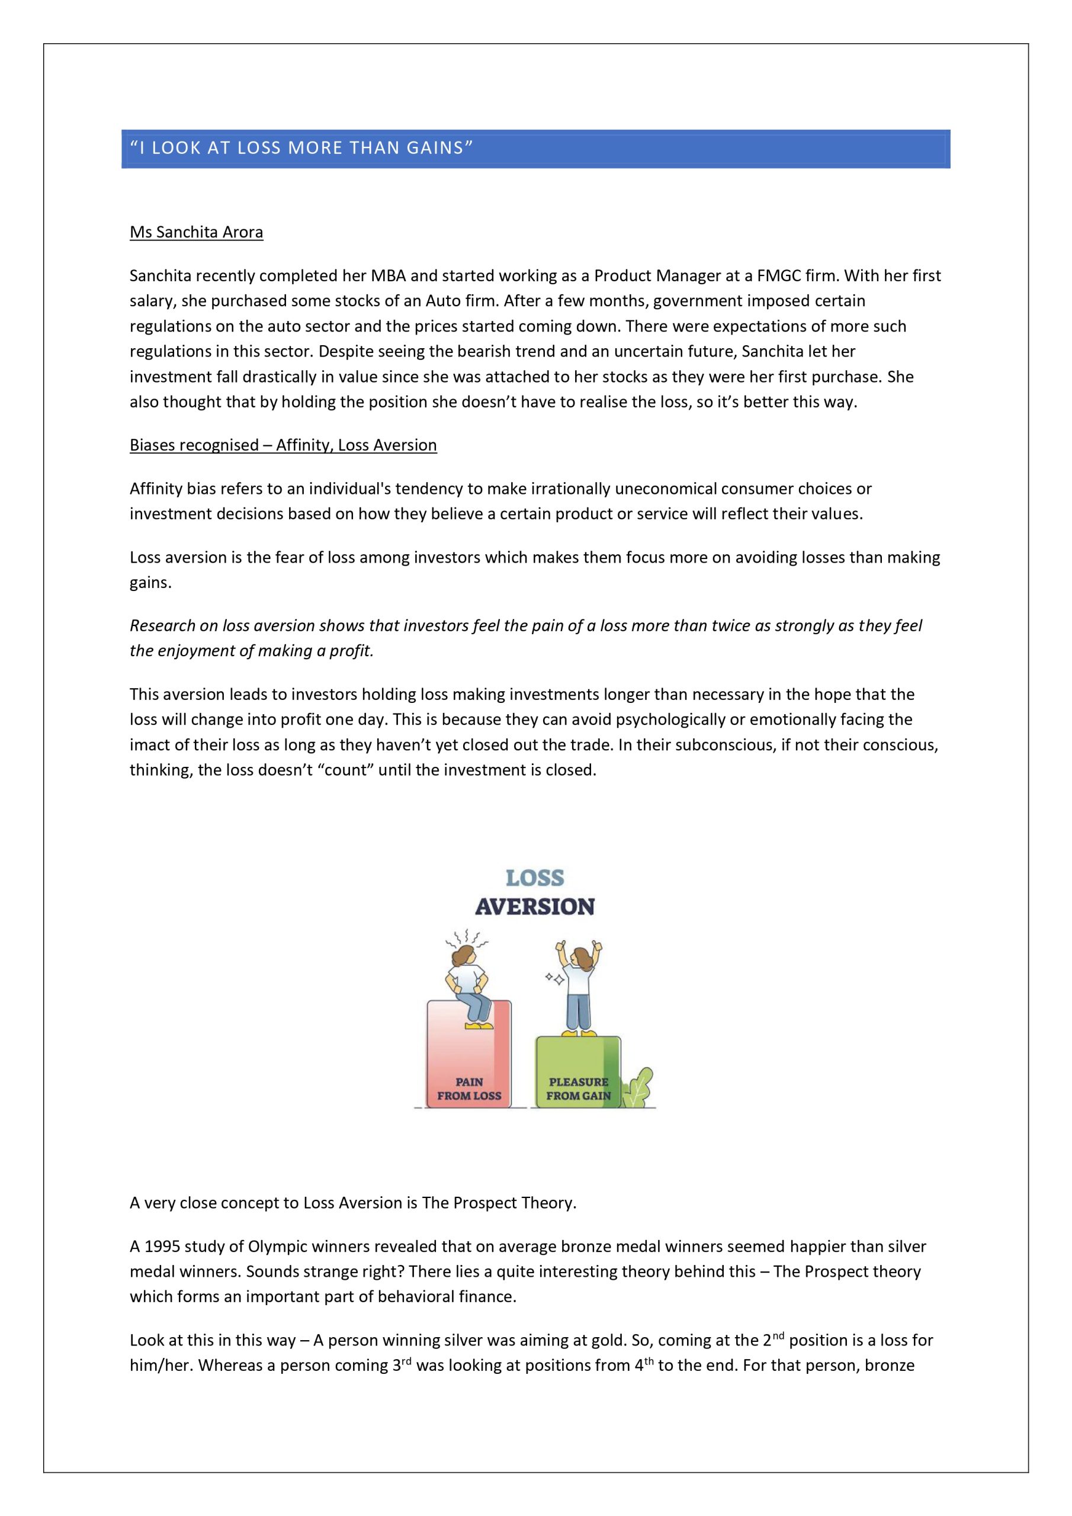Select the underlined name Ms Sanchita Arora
click(x=196, y=232)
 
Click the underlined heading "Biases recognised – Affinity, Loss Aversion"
click(x=283, y=445)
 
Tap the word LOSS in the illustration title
click(x=535, y=878)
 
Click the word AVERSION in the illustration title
click(x=535, y=907)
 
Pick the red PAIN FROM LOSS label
click(x=469, y=1089)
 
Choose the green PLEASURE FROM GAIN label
click(x=579, y=1089)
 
